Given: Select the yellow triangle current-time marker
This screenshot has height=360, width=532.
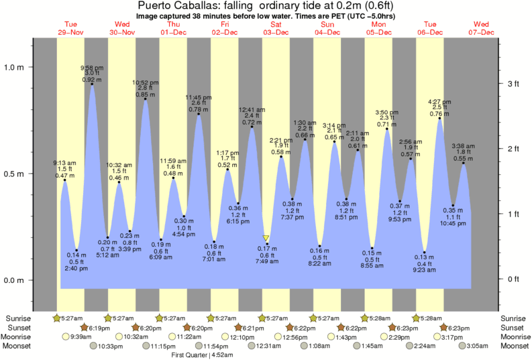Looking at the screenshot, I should click(266, 238).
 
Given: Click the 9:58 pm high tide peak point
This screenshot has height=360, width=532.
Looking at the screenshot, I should click(92, 84).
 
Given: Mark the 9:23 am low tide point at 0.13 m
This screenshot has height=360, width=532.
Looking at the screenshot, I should click(425, 253).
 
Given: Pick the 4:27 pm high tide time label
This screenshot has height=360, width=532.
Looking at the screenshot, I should click(440, 102).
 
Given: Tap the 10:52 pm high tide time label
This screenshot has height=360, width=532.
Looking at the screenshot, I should click(146, 82).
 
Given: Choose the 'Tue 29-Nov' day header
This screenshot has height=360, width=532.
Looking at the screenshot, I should click(70, 28).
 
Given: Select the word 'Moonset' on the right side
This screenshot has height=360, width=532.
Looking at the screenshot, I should click(515, 346).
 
